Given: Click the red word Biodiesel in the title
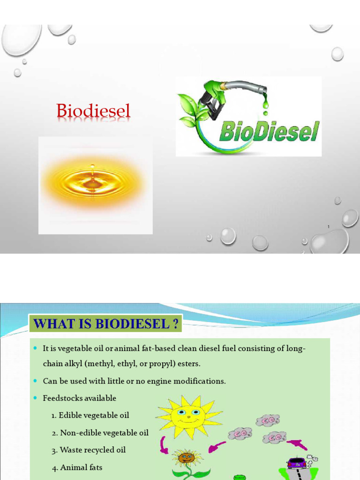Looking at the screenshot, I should (x=93, y=112).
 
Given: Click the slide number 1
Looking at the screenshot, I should (x=329, y=227).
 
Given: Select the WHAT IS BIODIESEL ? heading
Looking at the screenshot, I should (x=106, y=324).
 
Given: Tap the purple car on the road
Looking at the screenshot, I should (x=296, y=463).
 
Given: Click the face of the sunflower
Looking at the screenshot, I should (x=187, y=457).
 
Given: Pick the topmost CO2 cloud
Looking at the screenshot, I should (x=268, y=420).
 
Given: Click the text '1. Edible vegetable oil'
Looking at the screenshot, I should (x=90, y=415).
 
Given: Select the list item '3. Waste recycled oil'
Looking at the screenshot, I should (x=89, y=450).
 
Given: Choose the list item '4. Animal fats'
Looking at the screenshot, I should (x=77, y=467).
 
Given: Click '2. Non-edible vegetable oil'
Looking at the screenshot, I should (x=100, y=433).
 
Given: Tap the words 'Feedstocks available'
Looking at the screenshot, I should (x=79, y=398).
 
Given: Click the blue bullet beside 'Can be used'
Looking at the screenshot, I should (x=35, y=381).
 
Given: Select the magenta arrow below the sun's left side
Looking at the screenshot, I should (x=164, y=445).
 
